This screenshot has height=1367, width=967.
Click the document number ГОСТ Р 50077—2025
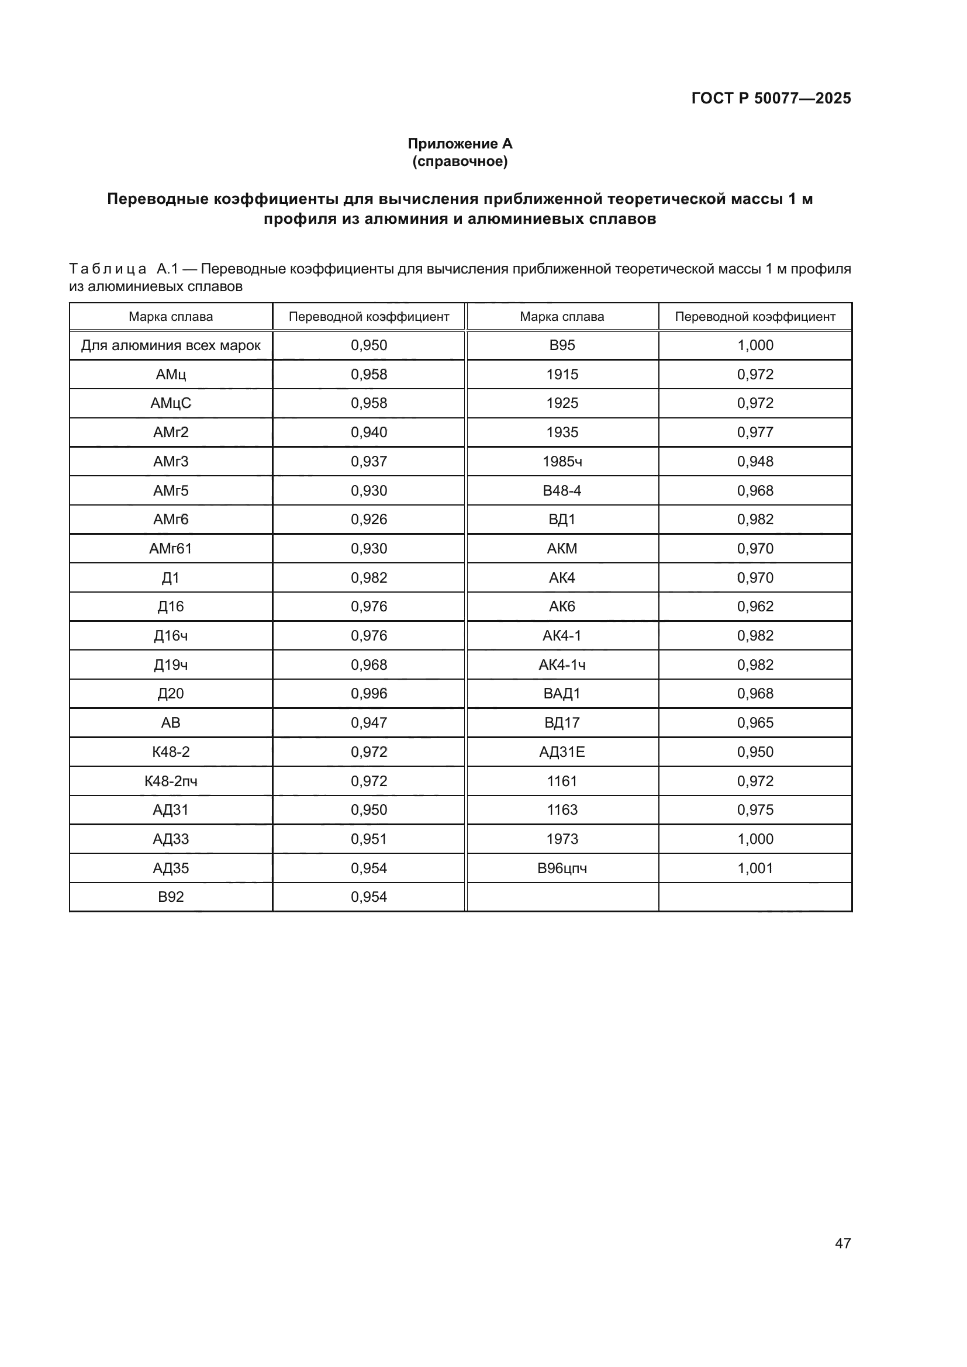771,98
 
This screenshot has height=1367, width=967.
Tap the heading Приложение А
460,144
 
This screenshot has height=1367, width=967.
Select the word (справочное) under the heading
460,161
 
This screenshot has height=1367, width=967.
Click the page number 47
842,1243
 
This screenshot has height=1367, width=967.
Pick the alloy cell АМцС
171,403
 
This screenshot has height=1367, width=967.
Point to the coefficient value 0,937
368,462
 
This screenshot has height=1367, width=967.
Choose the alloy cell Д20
171,694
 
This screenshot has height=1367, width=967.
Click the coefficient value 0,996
368,694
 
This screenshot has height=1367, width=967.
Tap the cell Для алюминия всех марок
171,345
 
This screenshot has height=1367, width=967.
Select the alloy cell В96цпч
562,868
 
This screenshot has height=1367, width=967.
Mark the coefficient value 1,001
755,868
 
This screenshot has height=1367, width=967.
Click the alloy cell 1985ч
562,462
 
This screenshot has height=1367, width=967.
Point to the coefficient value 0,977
755,432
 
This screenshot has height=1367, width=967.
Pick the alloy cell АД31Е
562,752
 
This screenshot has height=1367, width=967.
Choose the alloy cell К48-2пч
171,781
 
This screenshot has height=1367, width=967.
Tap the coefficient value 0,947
368,723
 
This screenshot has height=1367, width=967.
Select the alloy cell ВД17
562,723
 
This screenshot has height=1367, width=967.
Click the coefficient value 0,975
755,809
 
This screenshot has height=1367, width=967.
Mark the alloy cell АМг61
171,548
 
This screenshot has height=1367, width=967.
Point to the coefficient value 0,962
755,606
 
